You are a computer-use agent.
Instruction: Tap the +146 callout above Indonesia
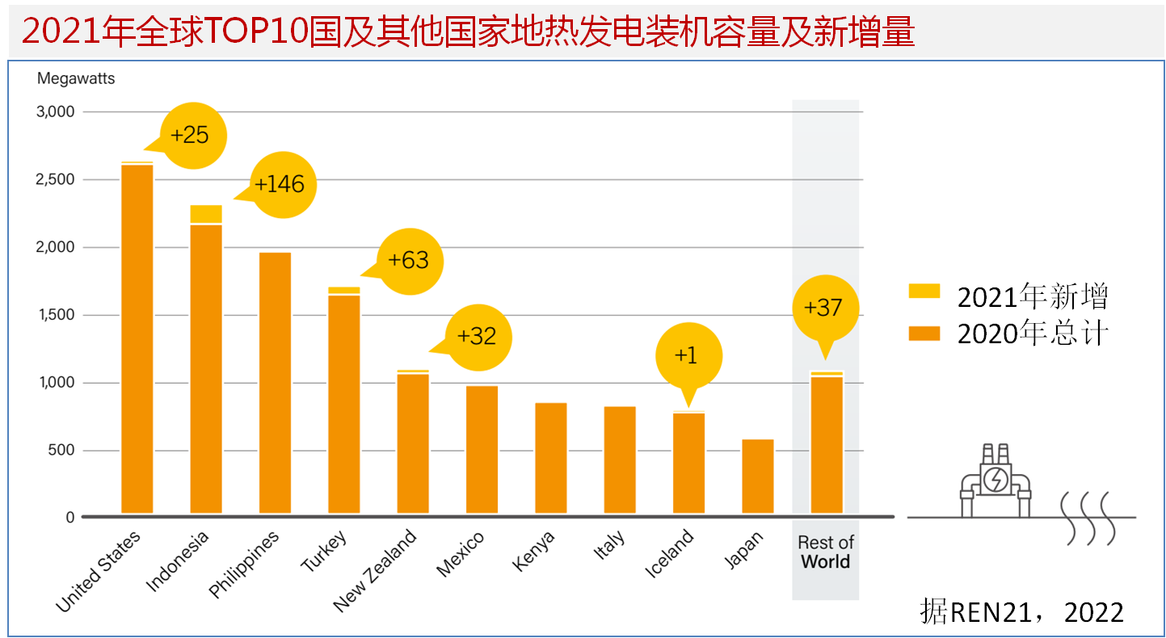click(x=280, y=185)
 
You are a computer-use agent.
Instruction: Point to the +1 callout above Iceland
click(x=686, y=356)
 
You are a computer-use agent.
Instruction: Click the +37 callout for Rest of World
click(x=823, y=308)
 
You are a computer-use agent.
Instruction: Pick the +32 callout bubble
click(x=477, y=336)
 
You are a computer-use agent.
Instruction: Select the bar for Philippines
click(x=275, y=384)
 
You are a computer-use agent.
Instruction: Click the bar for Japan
click(x=757, y=476)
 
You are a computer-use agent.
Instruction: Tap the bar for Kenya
click(x=550, y=458)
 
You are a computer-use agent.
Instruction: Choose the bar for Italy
click(x=620, y=460)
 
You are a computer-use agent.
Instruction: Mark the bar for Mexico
click(x=482, y=450)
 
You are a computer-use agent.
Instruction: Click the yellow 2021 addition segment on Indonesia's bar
click(x=206, y=214)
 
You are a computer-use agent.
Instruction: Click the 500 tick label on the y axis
click(x=61, y=450)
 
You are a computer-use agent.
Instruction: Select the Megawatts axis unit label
click(x=76, y=78)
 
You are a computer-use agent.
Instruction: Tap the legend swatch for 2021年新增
click(x=924, y=292)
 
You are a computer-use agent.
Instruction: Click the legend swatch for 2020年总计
click(x=924, y=333)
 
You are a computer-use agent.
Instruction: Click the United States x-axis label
click(x=99, y=571)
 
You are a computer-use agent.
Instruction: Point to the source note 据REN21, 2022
click(x=1021, y=611)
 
